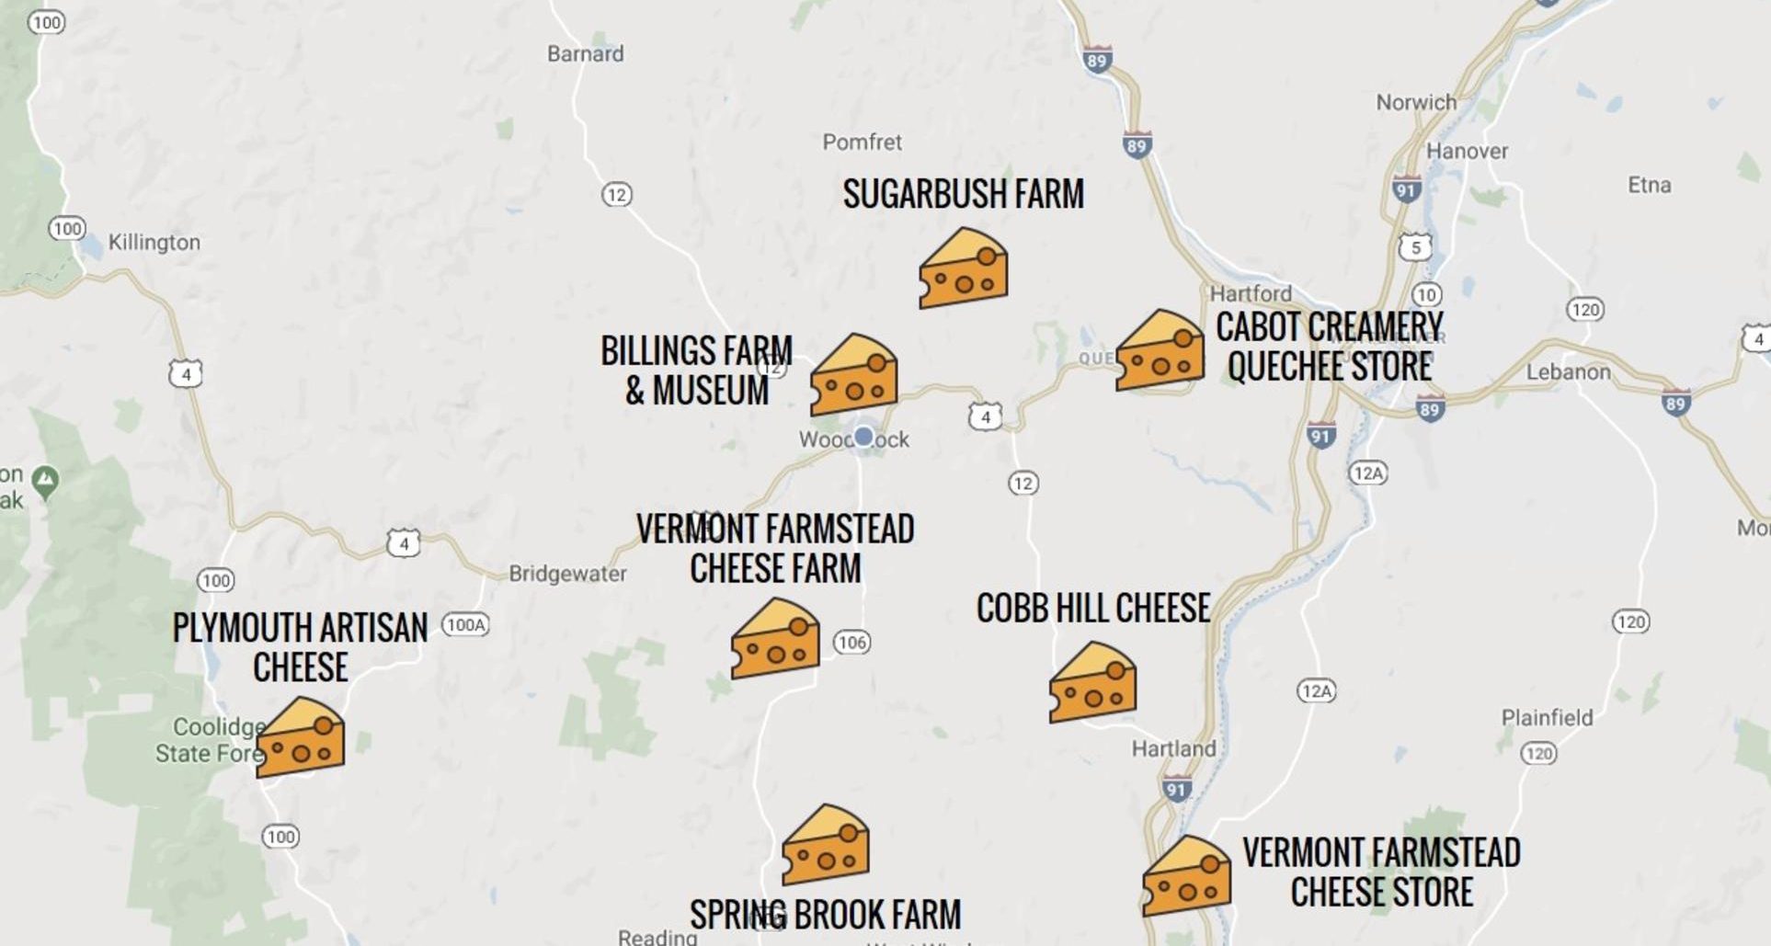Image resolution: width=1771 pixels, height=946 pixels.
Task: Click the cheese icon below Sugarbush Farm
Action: [x=963, y=270]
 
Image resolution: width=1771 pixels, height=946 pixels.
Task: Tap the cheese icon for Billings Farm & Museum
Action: [x=853, y=376]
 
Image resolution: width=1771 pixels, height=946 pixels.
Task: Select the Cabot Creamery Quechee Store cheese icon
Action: [x=1160, y=352]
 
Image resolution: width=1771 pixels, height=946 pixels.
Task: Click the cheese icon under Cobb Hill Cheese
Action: [x=1092, y=684]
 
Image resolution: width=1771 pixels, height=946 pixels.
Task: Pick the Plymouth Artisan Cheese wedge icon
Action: [x=301, y=739]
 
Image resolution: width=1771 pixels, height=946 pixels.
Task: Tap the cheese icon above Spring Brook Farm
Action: [x=825, y=847]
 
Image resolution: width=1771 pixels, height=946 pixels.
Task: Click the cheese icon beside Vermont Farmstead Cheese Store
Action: [x=1186, y=877]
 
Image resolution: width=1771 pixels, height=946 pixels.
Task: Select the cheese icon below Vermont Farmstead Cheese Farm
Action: [x=774, y=641]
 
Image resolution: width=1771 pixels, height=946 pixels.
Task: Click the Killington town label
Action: [x=154, y=243]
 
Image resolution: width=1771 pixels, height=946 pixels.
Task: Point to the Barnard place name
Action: [x=585, y=54]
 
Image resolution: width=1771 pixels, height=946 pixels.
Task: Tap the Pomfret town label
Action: [x=862, y=142]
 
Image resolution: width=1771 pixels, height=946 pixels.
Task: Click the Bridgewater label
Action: [x=567, y=575]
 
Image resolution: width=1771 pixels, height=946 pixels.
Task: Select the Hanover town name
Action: [x=1467, y=152]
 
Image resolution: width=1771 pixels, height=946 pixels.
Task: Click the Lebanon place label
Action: [x=1568, y=372]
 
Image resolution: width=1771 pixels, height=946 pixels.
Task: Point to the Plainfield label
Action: [x=1547, y=718]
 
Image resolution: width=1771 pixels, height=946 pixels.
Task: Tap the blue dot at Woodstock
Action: [x=863, y=437]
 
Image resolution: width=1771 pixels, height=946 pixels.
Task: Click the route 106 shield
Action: [x=851, y=643]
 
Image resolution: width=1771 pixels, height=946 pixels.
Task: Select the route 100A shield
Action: [x=465, y=625]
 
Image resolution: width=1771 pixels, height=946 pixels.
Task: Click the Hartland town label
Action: [x=1173, y=749]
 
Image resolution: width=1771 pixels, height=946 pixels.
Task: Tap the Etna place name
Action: [x=1649, y=186]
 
